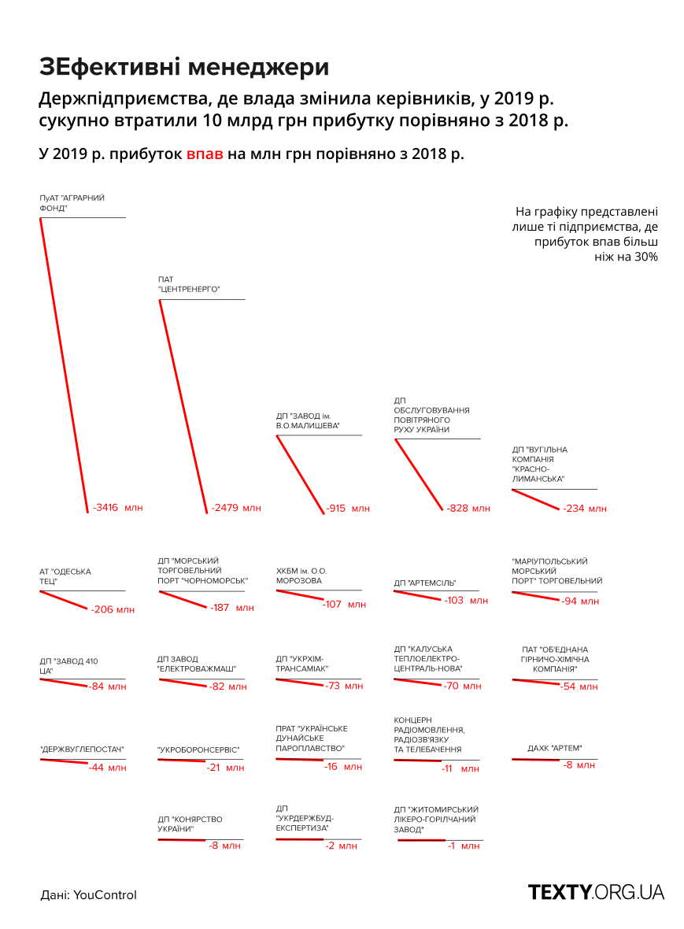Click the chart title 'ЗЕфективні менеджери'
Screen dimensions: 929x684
click(x=183, y=68)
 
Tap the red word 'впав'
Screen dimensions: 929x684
click(x=205, y=154)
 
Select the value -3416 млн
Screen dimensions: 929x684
click(x=118, y=508)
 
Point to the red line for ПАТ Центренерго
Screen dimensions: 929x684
click(x=183, y=405)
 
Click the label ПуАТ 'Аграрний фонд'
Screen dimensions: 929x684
click(x=72, y=203)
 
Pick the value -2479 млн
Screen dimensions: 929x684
click(x=236, y=508)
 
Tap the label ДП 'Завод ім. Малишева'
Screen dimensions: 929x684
click(x=308, y=420)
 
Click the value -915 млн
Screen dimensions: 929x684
click(x=348, y=508)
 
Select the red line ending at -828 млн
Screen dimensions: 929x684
click(x=419, y=475)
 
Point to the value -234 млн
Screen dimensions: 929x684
click(x=585, y=509)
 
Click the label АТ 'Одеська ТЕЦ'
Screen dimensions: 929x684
click(x=65, y=576)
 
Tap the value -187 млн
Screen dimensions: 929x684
click(x=232, y=608)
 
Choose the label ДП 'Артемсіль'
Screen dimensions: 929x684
click(x=425, y=583)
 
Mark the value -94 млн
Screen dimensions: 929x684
click(x=580, y=601)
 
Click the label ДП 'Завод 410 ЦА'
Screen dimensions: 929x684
click(x=68, y=666)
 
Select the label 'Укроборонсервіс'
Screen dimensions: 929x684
click(x=198, y=749)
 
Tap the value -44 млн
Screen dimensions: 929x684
click(x=107, y=768)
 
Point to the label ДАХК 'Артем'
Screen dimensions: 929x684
click(x=555, y=748)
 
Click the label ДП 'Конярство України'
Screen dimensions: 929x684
click(x=190, y=824)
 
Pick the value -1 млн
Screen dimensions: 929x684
click(x=464, y=846)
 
